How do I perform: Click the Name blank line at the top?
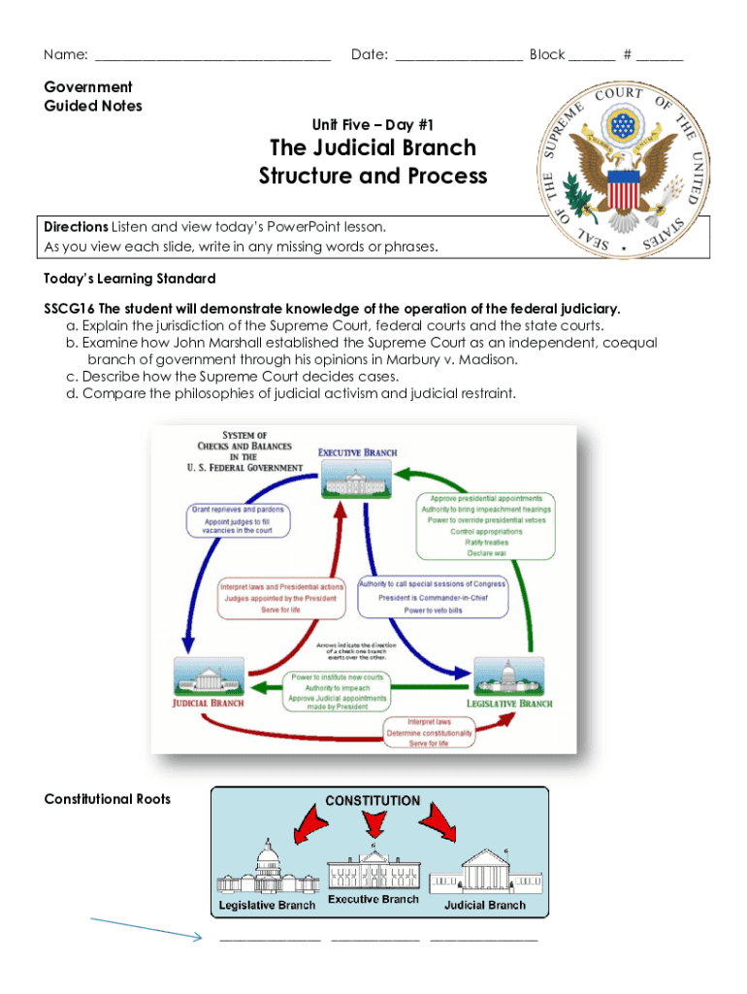coord(213,57)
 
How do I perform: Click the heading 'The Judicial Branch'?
coord(373,148)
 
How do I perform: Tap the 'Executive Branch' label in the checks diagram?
coord(358,451)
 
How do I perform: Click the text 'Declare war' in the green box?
coord(487,553)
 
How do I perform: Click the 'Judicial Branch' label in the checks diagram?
coord(209,703)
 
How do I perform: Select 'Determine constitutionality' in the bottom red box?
coord(428,733)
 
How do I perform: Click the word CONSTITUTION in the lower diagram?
coord(373,801)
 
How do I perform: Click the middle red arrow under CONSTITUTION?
coord(373,826)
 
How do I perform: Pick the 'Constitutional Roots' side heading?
coord(108,799)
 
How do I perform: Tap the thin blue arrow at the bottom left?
coord(146,927)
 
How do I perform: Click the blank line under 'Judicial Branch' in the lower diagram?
coord(483,940)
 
